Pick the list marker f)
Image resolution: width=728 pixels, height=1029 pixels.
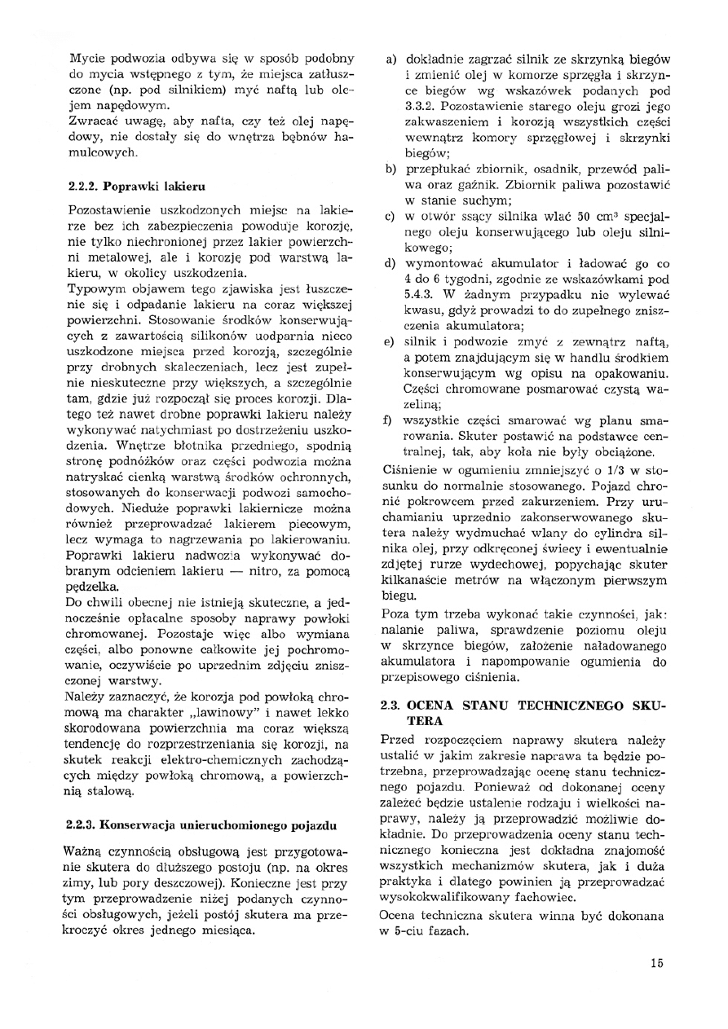391,420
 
